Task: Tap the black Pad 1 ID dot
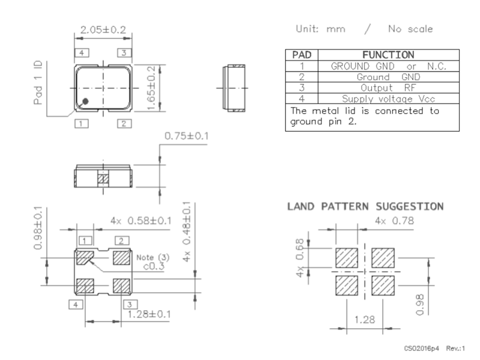[86, 102]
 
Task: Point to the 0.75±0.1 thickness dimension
[186, 136]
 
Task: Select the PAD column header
[302, 55]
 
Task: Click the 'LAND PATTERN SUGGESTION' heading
[365, 206]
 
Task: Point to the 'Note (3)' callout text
[153, 257]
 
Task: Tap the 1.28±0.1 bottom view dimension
[147, 314]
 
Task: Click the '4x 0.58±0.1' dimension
[141, 221]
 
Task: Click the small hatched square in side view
[103, 179]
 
